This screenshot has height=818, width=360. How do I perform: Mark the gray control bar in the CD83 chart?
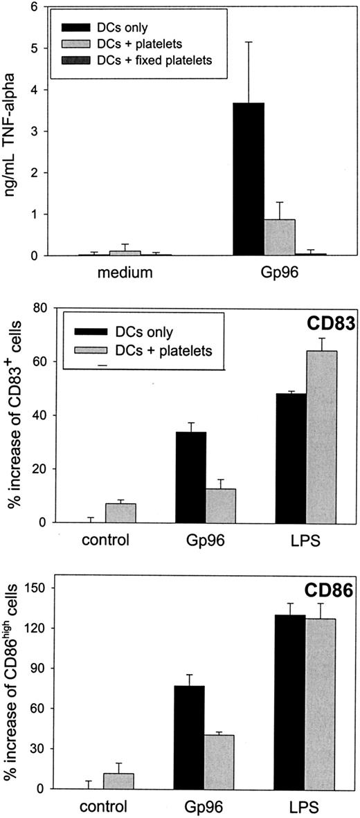tap(120, 513)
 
